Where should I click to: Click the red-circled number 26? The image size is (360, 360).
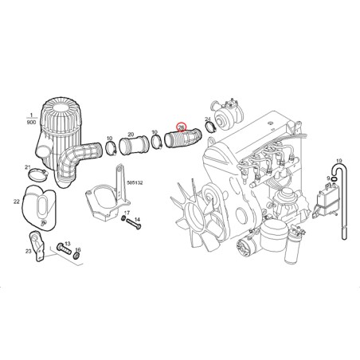pos(181,127)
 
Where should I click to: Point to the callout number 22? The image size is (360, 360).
pos(17,204)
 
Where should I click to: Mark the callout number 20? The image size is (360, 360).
pos(130,135)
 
